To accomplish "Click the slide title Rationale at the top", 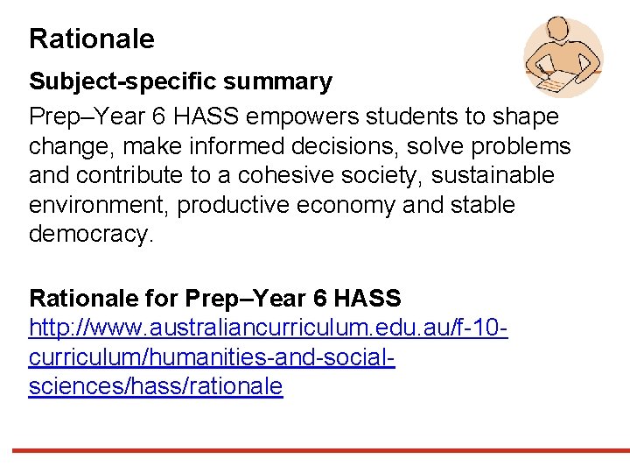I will [92, 39].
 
